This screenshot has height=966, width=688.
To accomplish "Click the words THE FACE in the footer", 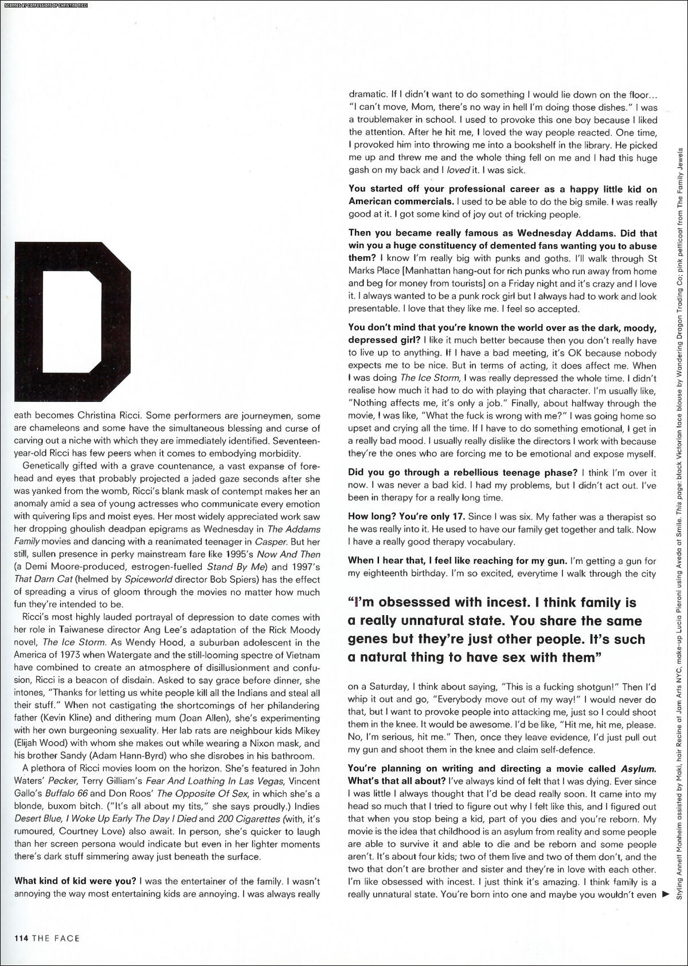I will pyautogui.click(x=56, y=938).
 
